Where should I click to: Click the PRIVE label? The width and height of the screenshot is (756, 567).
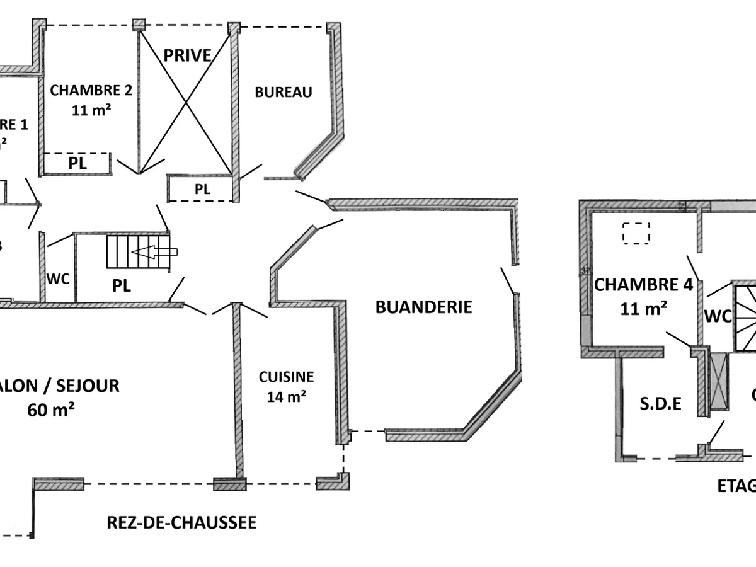[187, 55]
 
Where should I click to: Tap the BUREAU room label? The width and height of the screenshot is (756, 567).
[283, 92]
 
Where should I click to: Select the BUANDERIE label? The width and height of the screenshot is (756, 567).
[423, 307]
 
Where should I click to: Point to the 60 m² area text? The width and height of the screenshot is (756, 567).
[51, 410]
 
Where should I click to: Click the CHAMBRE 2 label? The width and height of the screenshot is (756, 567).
[91, 90]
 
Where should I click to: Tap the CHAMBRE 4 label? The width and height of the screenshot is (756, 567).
[643, 285]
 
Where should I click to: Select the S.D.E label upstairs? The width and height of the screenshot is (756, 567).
[661, 404]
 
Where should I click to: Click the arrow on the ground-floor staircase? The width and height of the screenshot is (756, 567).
[154, 252]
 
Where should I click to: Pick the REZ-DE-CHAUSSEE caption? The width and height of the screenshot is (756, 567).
[181, 522]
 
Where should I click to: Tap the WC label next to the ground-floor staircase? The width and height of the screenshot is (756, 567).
[59, 278]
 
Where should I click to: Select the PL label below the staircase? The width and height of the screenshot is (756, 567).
[122, 285]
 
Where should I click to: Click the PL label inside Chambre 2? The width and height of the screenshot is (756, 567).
[77, 164]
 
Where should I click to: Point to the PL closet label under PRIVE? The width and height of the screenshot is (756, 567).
[202, 189]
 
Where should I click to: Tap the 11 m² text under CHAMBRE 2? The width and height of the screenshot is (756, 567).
[91, 109]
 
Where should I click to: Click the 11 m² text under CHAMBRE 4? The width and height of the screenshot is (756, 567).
[643, 309]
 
